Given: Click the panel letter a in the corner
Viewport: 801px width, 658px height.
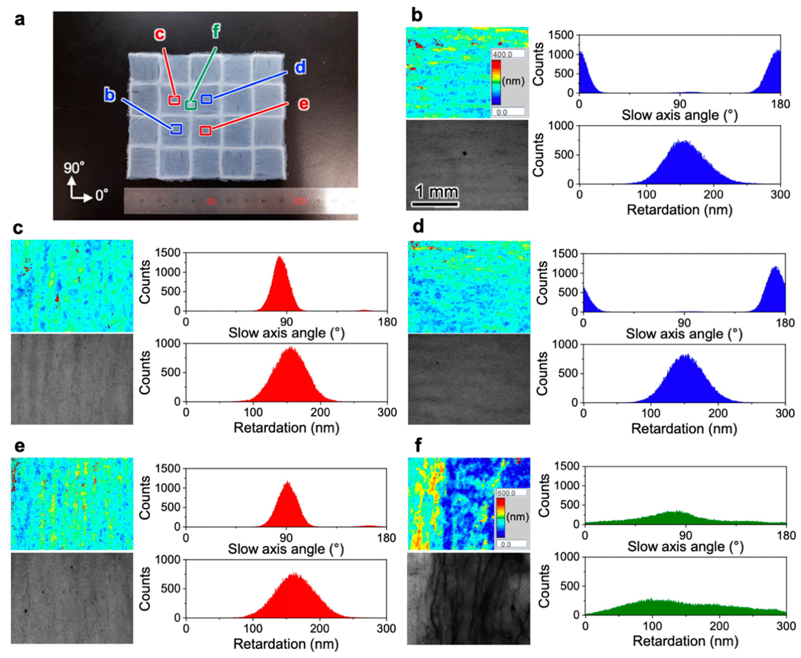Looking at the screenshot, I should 20,19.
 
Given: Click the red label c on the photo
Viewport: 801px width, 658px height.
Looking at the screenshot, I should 160,34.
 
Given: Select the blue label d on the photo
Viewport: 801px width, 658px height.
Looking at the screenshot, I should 300,67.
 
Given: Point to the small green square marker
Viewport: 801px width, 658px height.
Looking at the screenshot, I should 191,105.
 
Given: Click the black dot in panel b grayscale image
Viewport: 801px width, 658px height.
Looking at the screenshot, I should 464,154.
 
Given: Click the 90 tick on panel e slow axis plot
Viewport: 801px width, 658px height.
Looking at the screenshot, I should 286,538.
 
